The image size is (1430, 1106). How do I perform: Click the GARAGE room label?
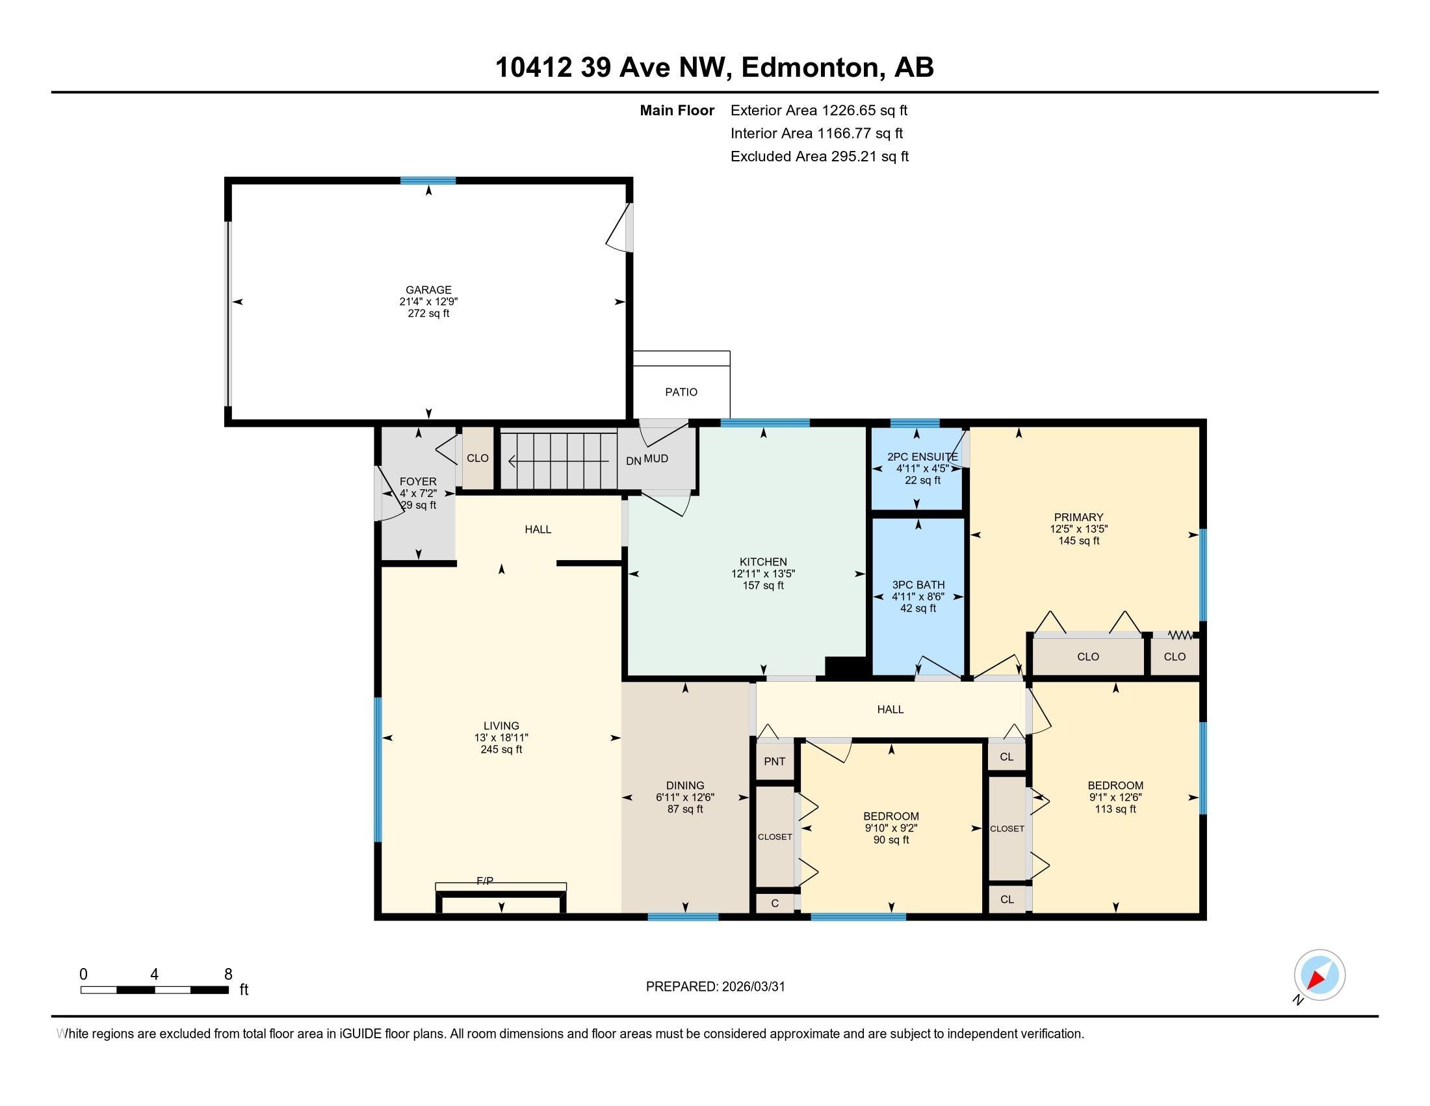[x=428, y=290]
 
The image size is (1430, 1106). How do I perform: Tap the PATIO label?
[x=681, y=392]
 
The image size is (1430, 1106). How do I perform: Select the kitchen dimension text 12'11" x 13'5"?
[x=763, y=573]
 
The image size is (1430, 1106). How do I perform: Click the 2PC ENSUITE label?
[x=922, y=457]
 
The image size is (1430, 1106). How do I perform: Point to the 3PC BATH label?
[x=918, y=584]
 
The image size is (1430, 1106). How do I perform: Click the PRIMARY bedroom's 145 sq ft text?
[x=1078, y=541]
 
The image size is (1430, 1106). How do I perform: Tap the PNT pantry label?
[x=775, y=761]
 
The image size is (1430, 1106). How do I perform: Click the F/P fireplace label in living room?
[x=484, y=882]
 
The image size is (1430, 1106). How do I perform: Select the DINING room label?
[x=685, y=785]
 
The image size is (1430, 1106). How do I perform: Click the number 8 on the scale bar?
[x=228, y=975]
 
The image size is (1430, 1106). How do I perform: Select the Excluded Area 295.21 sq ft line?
[x=819, y=156]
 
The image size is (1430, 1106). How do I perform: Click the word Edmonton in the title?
[x=810, y=67]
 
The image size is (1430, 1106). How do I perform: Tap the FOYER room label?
[x=418, y=481]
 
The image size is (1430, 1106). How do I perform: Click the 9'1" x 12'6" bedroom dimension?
[x=1115, y=798]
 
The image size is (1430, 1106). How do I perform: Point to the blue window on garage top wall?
[x=428, y=181]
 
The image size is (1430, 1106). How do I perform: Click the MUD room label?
[x=655, y=459]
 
